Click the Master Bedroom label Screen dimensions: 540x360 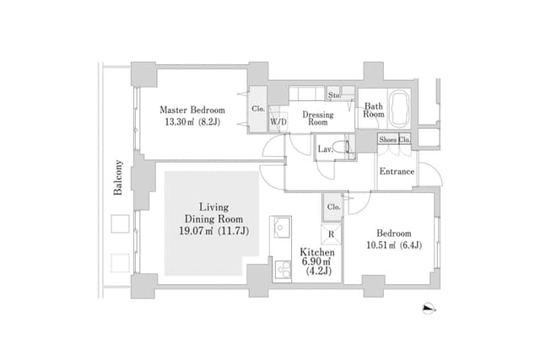tap(192, 110)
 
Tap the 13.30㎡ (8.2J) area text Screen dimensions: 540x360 tap(192, 122)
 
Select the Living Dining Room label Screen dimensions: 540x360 tap(213, 213)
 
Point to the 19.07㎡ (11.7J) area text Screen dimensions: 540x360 tap(213, 231)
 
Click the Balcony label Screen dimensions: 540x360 tap(118, 178)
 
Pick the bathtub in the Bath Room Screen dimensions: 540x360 tap(399, 109)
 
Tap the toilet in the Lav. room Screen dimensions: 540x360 tap(343, 147)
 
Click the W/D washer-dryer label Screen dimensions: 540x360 tap(278, 121)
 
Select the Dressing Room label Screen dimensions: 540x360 tap(318, 118)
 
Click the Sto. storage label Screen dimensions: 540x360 tap(334, 95)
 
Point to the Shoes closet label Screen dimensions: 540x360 tap(387, 140)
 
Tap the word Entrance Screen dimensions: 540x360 tap(397, 171)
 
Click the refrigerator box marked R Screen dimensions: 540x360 tap(332, 234)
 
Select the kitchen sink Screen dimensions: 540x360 tap(282, 228)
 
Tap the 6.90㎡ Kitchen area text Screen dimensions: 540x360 tap(317, 261)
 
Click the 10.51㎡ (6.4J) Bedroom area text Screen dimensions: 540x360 tap(394, 244)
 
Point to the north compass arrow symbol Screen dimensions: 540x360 tap(429, 308)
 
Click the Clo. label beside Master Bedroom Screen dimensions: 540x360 tap(258, 109)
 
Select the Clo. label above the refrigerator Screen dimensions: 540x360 tap(333, 207)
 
